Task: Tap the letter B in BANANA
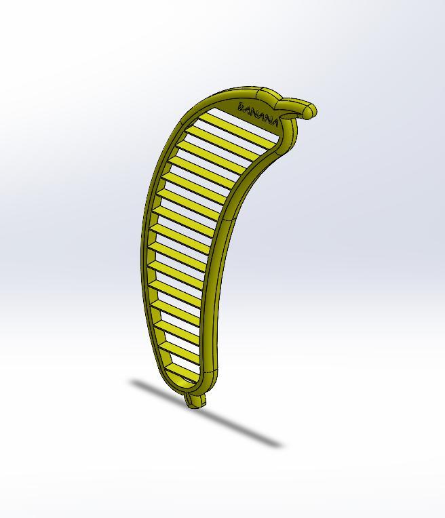coord(241,106)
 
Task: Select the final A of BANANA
coord(274,122)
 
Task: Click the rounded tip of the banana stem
coord(311,111)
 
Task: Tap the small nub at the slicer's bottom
coord(196,401)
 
